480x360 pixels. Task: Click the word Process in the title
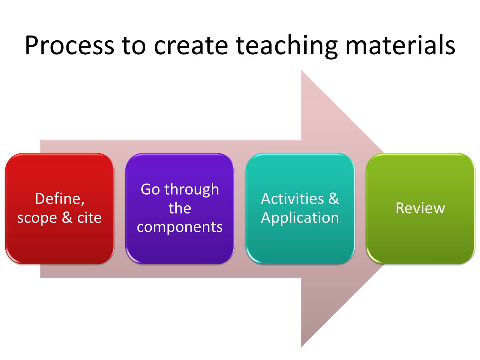(69, 46)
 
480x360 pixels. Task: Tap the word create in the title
(191, 46)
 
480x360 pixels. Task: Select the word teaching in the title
(286, 46)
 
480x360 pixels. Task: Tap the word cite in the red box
(89, 217)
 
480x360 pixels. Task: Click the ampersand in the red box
(67, 217)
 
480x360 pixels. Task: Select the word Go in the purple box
(150, 189)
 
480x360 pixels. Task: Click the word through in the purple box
(192, 189)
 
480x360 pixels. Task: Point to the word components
(180, 227)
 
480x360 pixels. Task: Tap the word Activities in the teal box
(292, 199)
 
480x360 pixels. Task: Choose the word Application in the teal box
(300, 217)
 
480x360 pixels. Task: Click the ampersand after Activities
(333, 199)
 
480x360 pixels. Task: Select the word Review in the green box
(420, 208)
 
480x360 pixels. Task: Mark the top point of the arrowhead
(301, 71)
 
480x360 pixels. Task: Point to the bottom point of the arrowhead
(301, 346)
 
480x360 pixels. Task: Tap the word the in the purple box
(180, 208)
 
